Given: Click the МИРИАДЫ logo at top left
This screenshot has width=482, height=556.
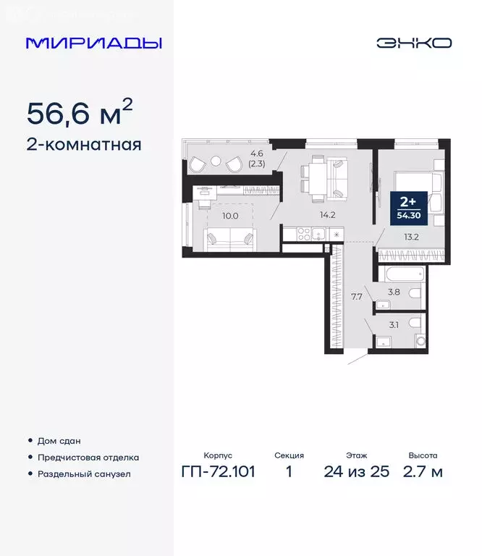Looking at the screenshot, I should [93, 43].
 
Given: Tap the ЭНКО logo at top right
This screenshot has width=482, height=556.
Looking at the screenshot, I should [413, 43].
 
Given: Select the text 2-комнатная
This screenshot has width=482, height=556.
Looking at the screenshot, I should [84, 144].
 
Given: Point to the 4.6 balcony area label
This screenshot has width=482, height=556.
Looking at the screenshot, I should [257, 153].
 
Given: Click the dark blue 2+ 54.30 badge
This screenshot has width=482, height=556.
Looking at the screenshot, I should [406, 205].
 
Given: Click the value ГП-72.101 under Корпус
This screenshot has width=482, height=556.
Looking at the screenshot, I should [219, 473].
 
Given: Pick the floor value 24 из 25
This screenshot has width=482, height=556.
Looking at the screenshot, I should [356, 473].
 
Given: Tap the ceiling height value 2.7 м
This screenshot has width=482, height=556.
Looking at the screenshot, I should [423, 473].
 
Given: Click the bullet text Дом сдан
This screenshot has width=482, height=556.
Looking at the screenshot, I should [59, 440].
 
